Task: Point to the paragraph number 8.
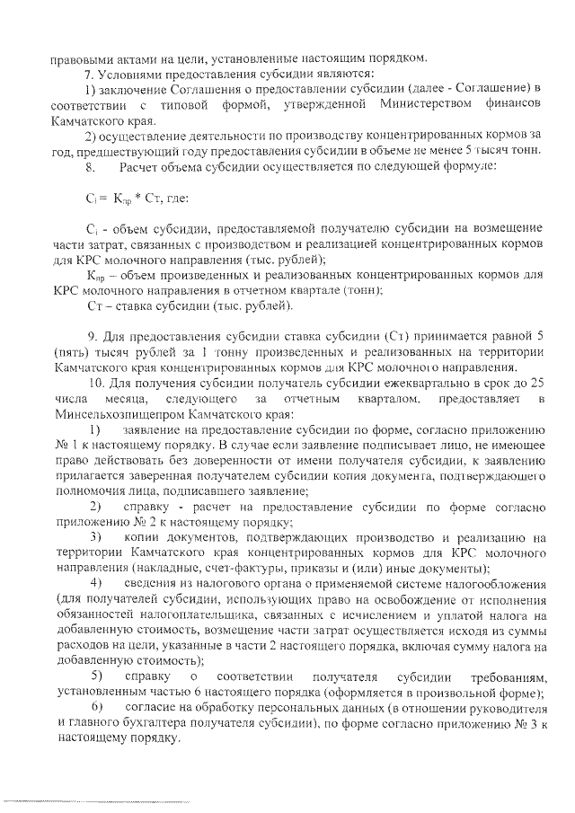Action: click(88, 168)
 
